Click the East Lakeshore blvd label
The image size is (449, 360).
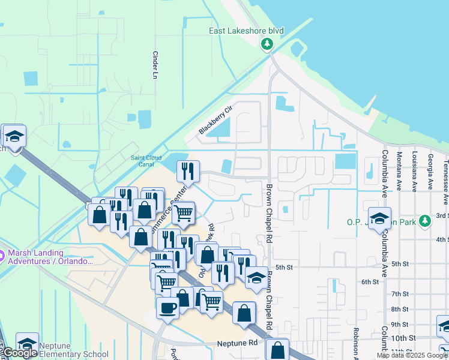coord(246,31)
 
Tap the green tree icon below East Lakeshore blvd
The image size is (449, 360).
coord(267,44)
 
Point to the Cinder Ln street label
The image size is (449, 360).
coord(155,65)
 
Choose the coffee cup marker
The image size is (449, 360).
coord(167,307)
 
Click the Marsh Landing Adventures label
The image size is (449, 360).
coord(52,257)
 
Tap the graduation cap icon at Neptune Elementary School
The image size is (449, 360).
coord(27,343)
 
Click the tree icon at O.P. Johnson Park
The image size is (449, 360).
coord(425,221)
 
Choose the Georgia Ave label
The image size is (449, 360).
coord(430,171)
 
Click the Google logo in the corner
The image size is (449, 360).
coord(19,353)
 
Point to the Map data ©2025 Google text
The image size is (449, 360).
coord(412,355)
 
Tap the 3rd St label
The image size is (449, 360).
coord(442,215)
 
